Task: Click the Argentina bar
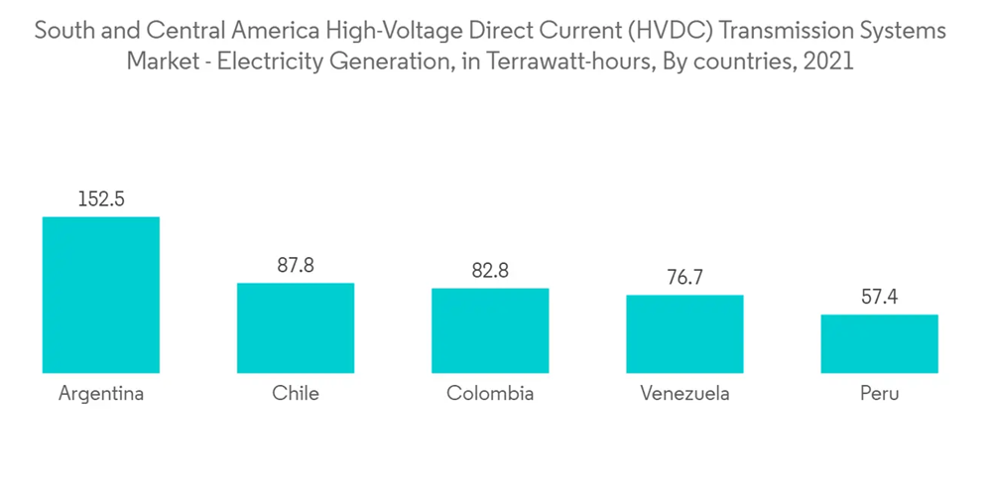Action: [x=100, y=295]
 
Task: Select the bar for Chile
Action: [x=295, y=327]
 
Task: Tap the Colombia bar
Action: [x=490, y=330]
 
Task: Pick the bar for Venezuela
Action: [x=684, y=333]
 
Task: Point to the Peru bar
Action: [x=879, y=343]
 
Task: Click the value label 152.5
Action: [x=101, y=198]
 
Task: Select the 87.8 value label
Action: [x=296, y=265]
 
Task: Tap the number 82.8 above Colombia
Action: [x=490, y=270]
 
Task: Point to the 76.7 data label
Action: [x=684, y=277]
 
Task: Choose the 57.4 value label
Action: [x=879, y=297]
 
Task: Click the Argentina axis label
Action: [x=101, y=394]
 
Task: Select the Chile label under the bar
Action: [x=296, y=394]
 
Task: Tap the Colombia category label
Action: [x=490, y=394]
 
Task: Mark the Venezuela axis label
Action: [x=684, y=394]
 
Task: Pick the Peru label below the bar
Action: [x=879, y=394]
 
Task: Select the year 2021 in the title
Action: [x=829, y=62]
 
